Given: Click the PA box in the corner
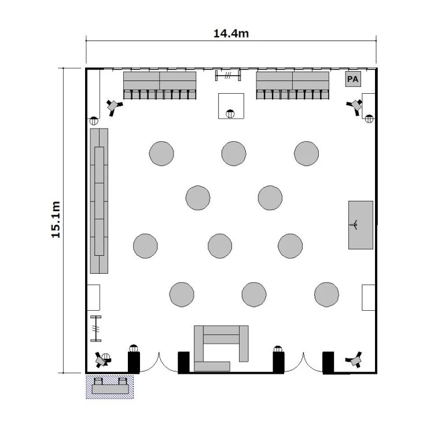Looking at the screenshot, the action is tap(353, 79).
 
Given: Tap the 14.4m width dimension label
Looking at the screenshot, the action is tap(231, 34).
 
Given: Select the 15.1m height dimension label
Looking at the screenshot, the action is tap(56, 219).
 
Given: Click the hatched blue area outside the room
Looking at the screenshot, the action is tap(109, 387).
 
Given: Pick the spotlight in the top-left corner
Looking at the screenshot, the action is tap(114, 106).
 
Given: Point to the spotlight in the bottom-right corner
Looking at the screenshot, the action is tap(355, 359).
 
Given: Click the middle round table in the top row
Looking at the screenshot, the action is tap(234, 153).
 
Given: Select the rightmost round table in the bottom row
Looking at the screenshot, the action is tap(326, 295).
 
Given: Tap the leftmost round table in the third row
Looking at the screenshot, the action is tap(146, 246).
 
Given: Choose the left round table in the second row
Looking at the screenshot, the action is tap(198, 198).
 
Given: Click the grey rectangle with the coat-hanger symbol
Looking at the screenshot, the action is tap(361, 225).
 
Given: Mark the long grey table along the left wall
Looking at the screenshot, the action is tap(99, 201).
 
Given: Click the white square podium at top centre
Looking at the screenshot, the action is tap(231, 106).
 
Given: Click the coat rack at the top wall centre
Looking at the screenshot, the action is tap(228, 75).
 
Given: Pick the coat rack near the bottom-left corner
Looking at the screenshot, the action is tap(95, 329).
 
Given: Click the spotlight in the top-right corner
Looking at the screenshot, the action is tap(355, 106).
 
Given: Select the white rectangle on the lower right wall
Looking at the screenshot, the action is tap(369, 297).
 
